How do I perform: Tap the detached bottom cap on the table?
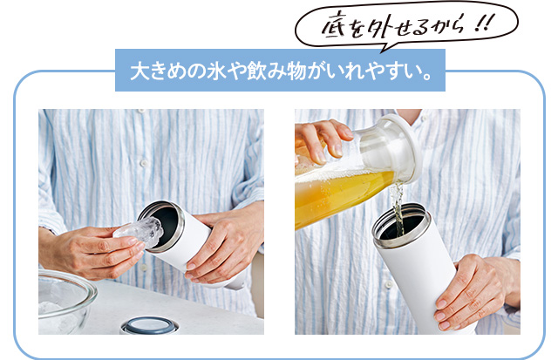149,326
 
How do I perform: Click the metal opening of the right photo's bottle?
400,226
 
